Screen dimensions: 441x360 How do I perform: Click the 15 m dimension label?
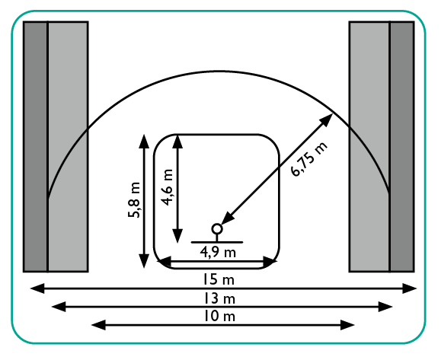219,280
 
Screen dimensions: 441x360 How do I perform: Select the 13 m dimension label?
219,298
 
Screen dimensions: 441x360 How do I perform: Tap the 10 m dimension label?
219,317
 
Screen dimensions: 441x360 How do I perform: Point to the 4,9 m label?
218,253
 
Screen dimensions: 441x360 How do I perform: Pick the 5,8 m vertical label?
134,200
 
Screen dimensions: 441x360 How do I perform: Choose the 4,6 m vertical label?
166,187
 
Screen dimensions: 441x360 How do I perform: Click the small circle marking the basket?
217,229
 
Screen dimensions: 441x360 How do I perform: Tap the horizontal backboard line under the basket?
217,242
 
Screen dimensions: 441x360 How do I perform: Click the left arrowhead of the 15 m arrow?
37,288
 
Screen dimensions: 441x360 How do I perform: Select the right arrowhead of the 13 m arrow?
385,307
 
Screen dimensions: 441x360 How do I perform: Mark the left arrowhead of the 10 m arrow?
98,325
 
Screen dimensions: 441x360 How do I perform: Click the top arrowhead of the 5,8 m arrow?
144,142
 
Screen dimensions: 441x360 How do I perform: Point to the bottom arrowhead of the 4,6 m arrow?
177,236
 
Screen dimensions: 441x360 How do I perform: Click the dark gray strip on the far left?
35,146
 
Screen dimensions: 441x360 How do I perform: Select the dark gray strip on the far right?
402,146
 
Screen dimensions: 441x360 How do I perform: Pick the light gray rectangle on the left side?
68,146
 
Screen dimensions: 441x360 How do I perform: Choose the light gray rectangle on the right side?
369,146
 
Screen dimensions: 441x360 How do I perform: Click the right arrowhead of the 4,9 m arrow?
270,262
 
